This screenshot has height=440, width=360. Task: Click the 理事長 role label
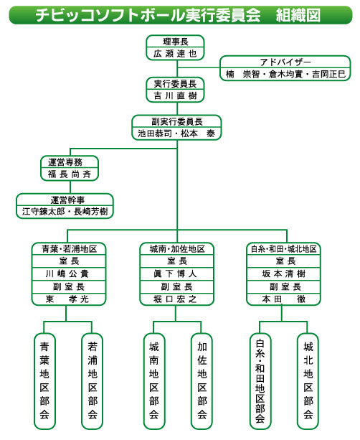(176, 42)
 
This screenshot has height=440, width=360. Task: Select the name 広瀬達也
(175, 53)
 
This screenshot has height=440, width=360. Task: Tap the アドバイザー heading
(285, 62)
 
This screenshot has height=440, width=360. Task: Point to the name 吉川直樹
(175, 95)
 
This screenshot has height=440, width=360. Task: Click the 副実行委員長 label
(177, 121)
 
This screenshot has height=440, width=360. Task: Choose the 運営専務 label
(65, 162)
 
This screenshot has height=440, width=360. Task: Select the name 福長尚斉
(70, 174)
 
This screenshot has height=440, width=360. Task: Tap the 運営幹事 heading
(67, 200)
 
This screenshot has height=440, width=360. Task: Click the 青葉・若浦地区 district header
(69, 249)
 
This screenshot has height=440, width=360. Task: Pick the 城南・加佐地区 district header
(177, 249)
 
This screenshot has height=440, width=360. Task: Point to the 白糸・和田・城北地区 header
(283, 249)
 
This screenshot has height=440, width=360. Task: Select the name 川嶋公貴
(67, 273)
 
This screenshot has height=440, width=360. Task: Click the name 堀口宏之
(175, 299)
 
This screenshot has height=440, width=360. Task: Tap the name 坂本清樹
(283, 273)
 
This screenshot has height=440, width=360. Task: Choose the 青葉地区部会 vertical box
(44, 381)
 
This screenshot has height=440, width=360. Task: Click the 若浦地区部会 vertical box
(93, 381)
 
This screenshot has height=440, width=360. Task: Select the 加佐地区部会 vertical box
(202, 381)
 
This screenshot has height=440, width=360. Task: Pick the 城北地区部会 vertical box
(308, 381)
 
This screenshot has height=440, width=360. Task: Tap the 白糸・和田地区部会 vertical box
(260, 381)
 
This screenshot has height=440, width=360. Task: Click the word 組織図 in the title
(298, 15)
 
